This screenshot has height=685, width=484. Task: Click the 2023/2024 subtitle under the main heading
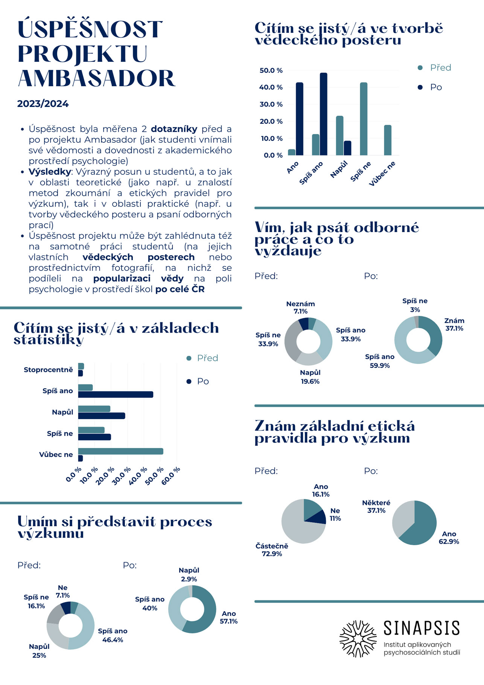[x=43, y=104]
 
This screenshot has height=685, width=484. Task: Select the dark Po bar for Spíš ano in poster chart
[x=323, y=114]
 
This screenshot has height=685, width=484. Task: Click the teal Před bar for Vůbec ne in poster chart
[x=387, y=140]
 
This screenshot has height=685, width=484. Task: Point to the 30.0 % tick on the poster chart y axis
[x=271, y=104]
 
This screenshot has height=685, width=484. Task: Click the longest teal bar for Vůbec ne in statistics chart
[x=120, y=451]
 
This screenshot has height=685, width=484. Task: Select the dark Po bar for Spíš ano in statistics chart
[x=116, y=394]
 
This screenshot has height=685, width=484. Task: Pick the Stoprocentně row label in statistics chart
[x=48, y=370]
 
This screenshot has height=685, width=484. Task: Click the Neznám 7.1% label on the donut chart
[x=300, y=307]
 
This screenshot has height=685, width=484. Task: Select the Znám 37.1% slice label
[x=454, y=324]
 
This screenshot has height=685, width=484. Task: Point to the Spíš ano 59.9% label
[x=379, y=361]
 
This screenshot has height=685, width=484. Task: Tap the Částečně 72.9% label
[x=272, y=549]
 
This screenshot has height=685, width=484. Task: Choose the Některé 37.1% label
[x=376, y=507]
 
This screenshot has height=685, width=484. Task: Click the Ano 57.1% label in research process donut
[x=228, y=617]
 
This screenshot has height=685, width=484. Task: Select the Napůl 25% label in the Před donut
[x=39, y=651]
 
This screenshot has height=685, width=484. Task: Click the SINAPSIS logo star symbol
[x=358, y=638]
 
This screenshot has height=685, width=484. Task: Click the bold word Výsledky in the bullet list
[x=50, y=172]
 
